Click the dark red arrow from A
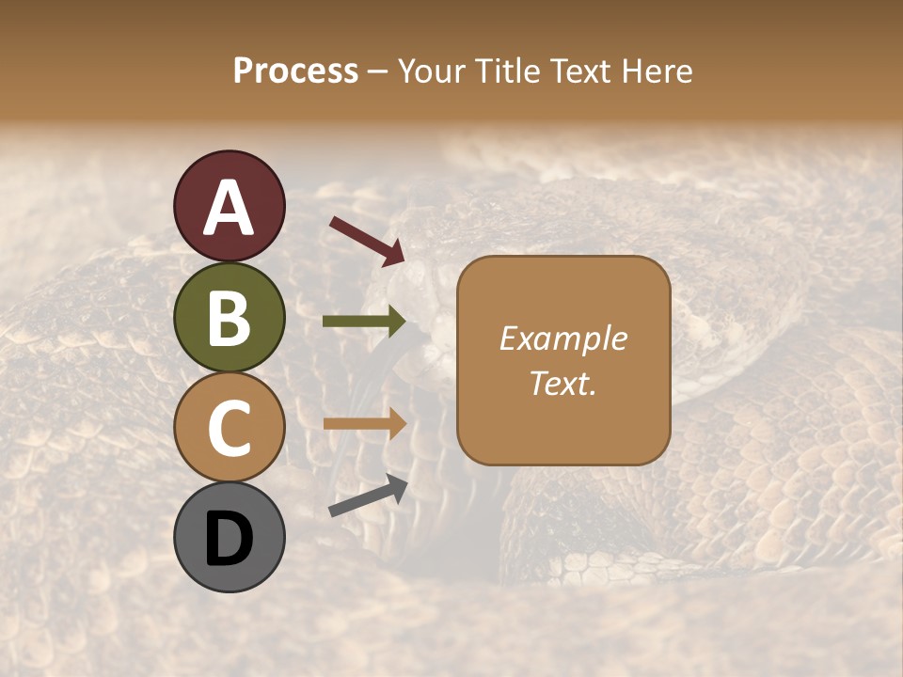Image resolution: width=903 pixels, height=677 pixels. pyautogui.click(x=367, y=241)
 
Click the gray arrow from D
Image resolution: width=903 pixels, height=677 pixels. pyautogui.click(x=368, y=496)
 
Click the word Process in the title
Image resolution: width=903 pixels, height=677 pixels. pyautogui.click(x=295, y=71)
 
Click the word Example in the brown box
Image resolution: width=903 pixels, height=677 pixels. pyautogui.click(x=562, y=338)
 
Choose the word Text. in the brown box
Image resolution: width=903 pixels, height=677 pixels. pyautogui.click(x=562, y=383)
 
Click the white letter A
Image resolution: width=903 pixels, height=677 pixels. pyautogui.click(x=229, y=208)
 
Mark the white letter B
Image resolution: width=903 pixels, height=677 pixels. pyautogui.click(x=229, y=318)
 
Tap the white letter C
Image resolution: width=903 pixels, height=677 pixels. pyautogui.click(x=229, y=428)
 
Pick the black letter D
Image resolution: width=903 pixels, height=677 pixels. pyautogui.click(x=229, y=538)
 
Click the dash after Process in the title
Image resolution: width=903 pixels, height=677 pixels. pyautogui.click(x=378, y=72)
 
